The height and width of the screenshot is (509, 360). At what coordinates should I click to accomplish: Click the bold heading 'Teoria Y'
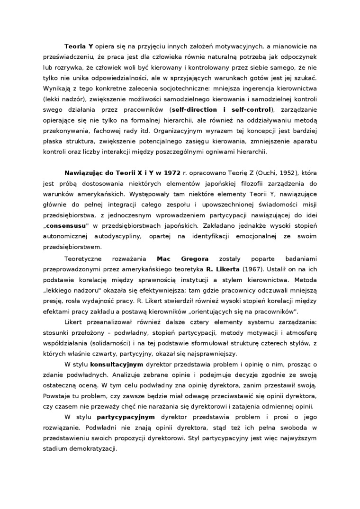click(x=79, y=46)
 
